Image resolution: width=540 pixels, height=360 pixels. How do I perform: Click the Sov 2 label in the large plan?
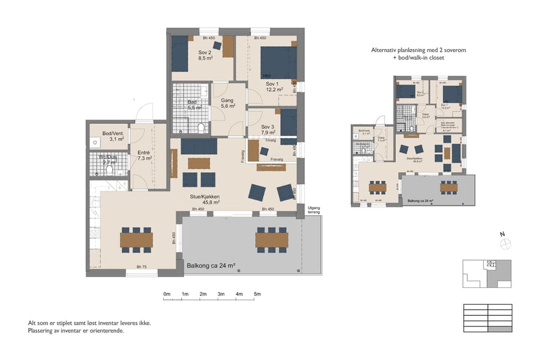coord(205,52)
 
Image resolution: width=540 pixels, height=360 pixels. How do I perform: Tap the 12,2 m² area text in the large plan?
coord(273,90)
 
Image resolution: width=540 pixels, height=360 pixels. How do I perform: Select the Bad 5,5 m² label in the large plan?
coord(192,104)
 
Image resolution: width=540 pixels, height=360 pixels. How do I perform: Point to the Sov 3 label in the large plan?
coord(268,127)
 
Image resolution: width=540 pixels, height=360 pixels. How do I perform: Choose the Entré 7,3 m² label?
coord(144,156)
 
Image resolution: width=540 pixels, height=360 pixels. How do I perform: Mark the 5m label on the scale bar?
coord(257,294)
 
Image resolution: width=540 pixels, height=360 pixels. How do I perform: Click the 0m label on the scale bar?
coord(167,294)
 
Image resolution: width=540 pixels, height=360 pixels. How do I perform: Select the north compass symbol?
coord(506,243)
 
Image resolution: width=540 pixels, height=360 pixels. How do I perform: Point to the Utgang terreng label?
coord(314,210)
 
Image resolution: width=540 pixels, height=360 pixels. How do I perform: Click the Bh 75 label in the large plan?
coord(142,266)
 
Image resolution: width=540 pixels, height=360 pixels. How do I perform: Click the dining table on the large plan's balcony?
coord(272,239)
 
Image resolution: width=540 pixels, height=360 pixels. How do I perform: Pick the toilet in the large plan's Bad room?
coord(201,127)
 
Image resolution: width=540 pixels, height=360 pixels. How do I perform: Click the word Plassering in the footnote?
coord(42,331)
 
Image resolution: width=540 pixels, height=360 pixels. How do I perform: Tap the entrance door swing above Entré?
coord(143,112)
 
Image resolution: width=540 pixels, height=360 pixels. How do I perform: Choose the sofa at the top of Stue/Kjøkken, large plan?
coord(199,146)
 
